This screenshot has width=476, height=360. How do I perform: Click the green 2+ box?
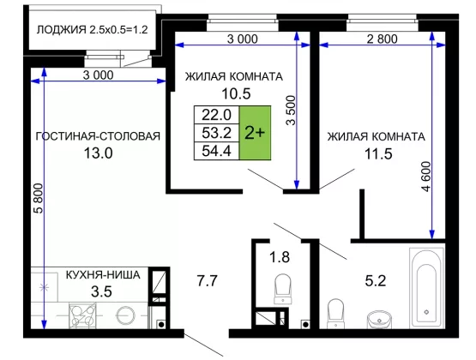(255, 133)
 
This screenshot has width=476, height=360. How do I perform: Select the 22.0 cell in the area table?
(217, 115)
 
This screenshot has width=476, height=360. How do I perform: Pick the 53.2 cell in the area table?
(217, 133)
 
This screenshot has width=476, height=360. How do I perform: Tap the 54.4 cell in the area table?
(217, 151)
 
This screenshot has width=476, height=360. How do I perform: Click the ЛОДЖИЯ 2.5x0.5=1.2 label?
(93, 30)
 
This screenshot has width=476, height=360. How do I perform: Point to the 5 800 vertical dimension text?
(39, 198)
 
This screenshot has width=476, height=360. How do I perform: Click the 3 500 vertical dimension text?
(291, 111)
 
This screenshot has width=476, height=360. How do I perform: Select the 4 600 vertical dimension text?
(426, 177)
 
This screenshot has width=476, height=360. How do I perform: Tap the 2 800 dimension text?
(383, 39)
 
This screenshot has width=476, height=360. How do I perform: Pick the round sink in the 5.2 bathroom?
(379, 319)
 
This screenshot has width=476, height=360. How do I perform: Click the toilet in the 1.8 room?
(283, 289)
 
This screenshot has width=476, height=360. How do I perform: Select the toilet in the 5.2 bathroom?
(335, 314)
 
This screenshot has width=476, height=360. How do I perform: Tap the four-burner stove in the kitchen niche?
(83, 315)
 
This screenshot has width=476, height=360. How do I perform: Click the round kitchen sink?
(126, 315)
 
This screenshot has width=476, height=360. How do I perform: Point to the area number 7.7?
(207, 280)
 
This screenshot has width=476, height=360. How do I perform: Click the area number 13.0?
(98, 153)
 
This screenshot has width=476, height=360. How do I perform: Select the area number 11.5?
(378, 153)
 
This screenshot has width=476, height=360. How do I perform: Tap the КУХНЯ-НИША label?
(103, 275)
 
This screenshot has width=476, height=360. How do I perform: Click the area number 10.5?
(236, 93)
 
